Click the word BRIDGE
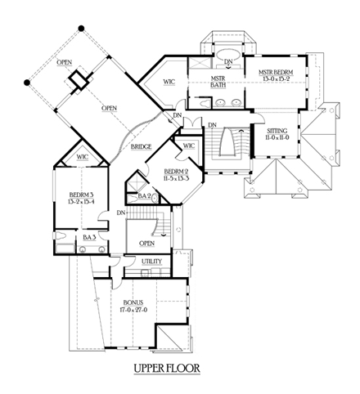click(140, 146)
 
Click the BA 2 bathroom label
click(142, 196)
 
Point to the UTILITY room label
click(151, 262)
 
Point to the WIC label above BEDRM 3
click(83, 156)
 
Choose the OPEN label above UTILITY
click(147, 243)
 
